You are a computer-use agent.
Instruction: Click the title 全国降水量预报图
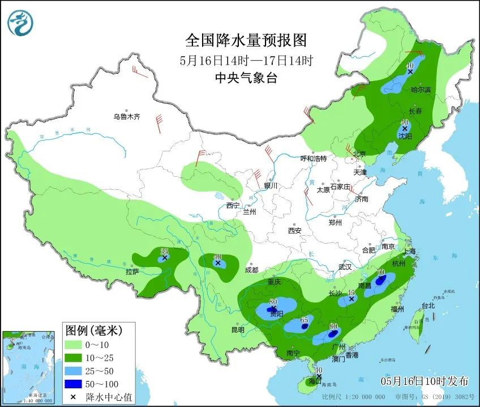pyautogui.click(x=246, y=41)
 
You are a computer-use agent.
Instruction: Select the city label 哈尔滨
pyautogui.click(x=421, y=90)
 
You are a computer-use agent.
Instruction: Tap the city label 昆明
pyautogui.click(x=238, y=329)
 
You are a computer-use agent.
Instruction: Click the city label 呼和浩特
pyautogui.click(x=314, y=159)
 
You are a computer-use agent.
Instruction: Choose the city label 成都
pyautogui.click(x=251, y=270)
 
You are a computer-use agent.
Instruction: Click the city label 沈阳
pyautogui.click(x=405, y=136)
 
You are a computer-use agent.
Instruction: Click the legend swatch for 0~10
pyautogui.click(x=72, y=344)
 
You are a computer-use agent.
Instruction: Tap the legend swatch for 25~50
pyautogui.click(x=72, y=370)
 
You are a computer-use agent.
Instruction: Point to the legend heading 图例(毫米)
pyautogui.click(x=93, y=329)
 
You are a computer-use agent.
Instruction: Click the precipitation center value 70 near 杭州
pyautogui.click(x=382, y=273)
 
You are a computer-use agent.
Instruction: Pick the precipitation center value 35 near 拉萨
pyautogui.click(x=165, y=251)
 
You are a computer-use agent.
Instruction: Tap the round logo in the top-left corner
pyautogui.click(x=20, y=23)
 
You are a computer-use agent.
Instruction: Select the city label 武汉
pyautogui.click(x=345, y=266)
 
